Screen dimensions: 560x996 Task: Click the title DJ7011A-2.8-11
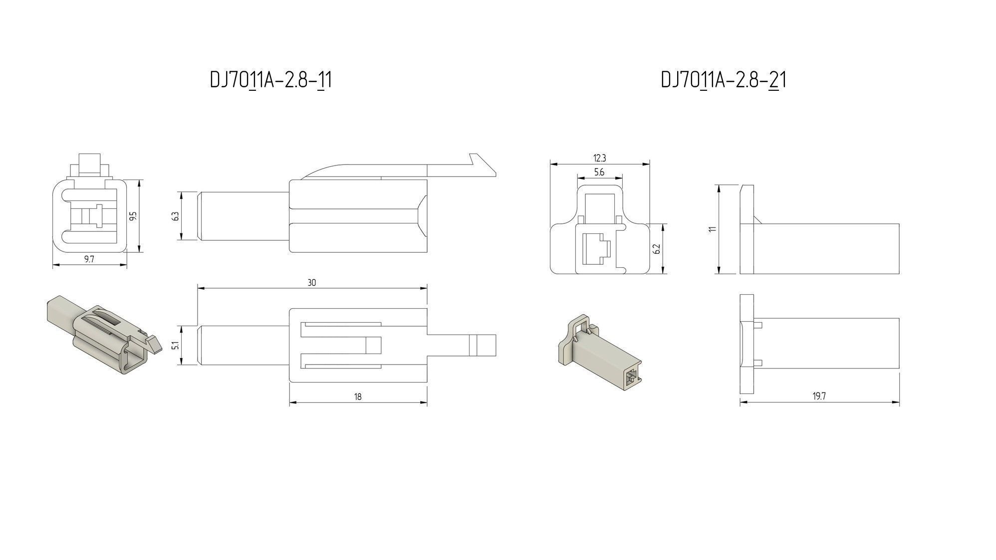tap(270, 80)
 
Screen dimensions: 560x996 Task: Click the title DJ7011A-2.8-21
tap(723, 80)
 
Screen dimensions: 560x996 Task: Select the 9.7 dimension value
tap(90, 259)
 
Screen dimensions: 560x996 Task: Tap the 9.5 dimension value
tap(133, 216)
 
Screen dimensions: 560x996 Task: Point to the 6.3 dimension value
tap(174, 216)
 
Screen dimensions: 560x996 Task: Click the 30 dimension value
tap(312, 283)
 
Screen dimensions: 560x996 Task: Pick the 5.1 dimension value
tap(174, 345)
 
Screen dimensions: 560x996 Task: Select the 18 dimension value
tap(358, 397)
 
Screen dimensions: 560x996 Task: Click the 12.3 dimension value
tap(599, 158)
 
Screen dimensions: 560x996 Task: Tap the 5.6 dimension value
tap(599, 172)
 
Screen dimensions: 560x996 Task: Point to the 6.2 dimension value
tap(657, 248)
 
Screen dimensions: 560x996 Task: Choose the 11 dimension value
tap(713, 229)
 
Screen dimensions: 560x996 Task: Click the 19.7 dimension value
tap(819, 396)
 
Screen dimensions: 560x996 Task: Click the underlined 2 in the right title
tap(774, 80)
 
